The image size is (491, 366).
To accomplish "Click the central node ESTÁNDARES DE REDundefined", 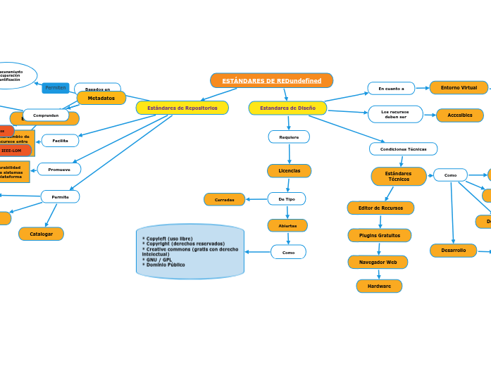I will pyautogui.click(x=271, y=81).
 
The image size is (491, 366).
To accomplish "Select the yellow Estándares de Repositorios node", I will pyautogui.click(x=182, y=108).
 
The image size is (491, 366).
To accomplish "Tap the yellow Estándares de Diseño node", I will pyautogui.click(x=287, y=108).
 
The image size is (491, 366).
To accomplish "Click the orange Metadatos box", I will pyautogui.click(x=101, y=98).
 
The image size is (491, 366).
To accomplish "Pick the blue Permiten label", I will pyautogui.click(x=56, y=88).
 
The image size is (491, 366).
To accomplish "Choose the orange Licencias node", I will pyautogui.click(x=289, y=170).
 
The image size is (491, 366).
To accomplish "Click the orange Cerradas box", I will pyautogui.click(x=225, y=199).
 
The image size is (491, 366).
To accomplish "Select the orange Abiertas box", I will pyautogui.click(x=287, y=225).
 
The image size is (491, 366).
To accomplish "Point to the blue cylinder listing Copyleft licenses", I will pyautogui.click(x=190, y=252).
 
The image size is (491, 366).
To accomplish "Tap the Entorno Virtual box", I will pyautogui.click(x=459, y=88).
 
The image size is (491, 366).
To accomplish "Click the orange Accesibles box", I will pyautogui.click(x=459, y=115).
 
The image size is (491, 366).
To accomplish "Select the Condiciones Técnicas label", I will pyautogui.click(x=403, y=149).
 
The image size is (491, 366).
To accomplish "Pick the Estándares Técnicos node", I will pyautogui.click(x=399, y=176).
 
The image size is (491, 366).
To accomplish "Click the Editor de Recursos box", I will pyautogui.click(x=380, y=208).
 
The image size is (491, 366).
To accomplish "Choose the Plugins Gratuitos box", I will pyautogui.click(x=379, y=235).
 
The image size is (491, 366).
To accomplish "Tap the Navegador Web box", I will pyautogui.click(x=378, y=262).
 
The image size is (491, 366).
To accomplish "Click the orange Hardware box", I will pyautogui.click(x=379, y=286).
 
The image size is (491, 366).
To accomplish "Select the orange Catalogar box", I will pyautogui.click(x=41, y=234).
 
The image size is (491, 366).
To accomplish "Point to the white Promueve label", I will pyautogui.click(x=59, y=170).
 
